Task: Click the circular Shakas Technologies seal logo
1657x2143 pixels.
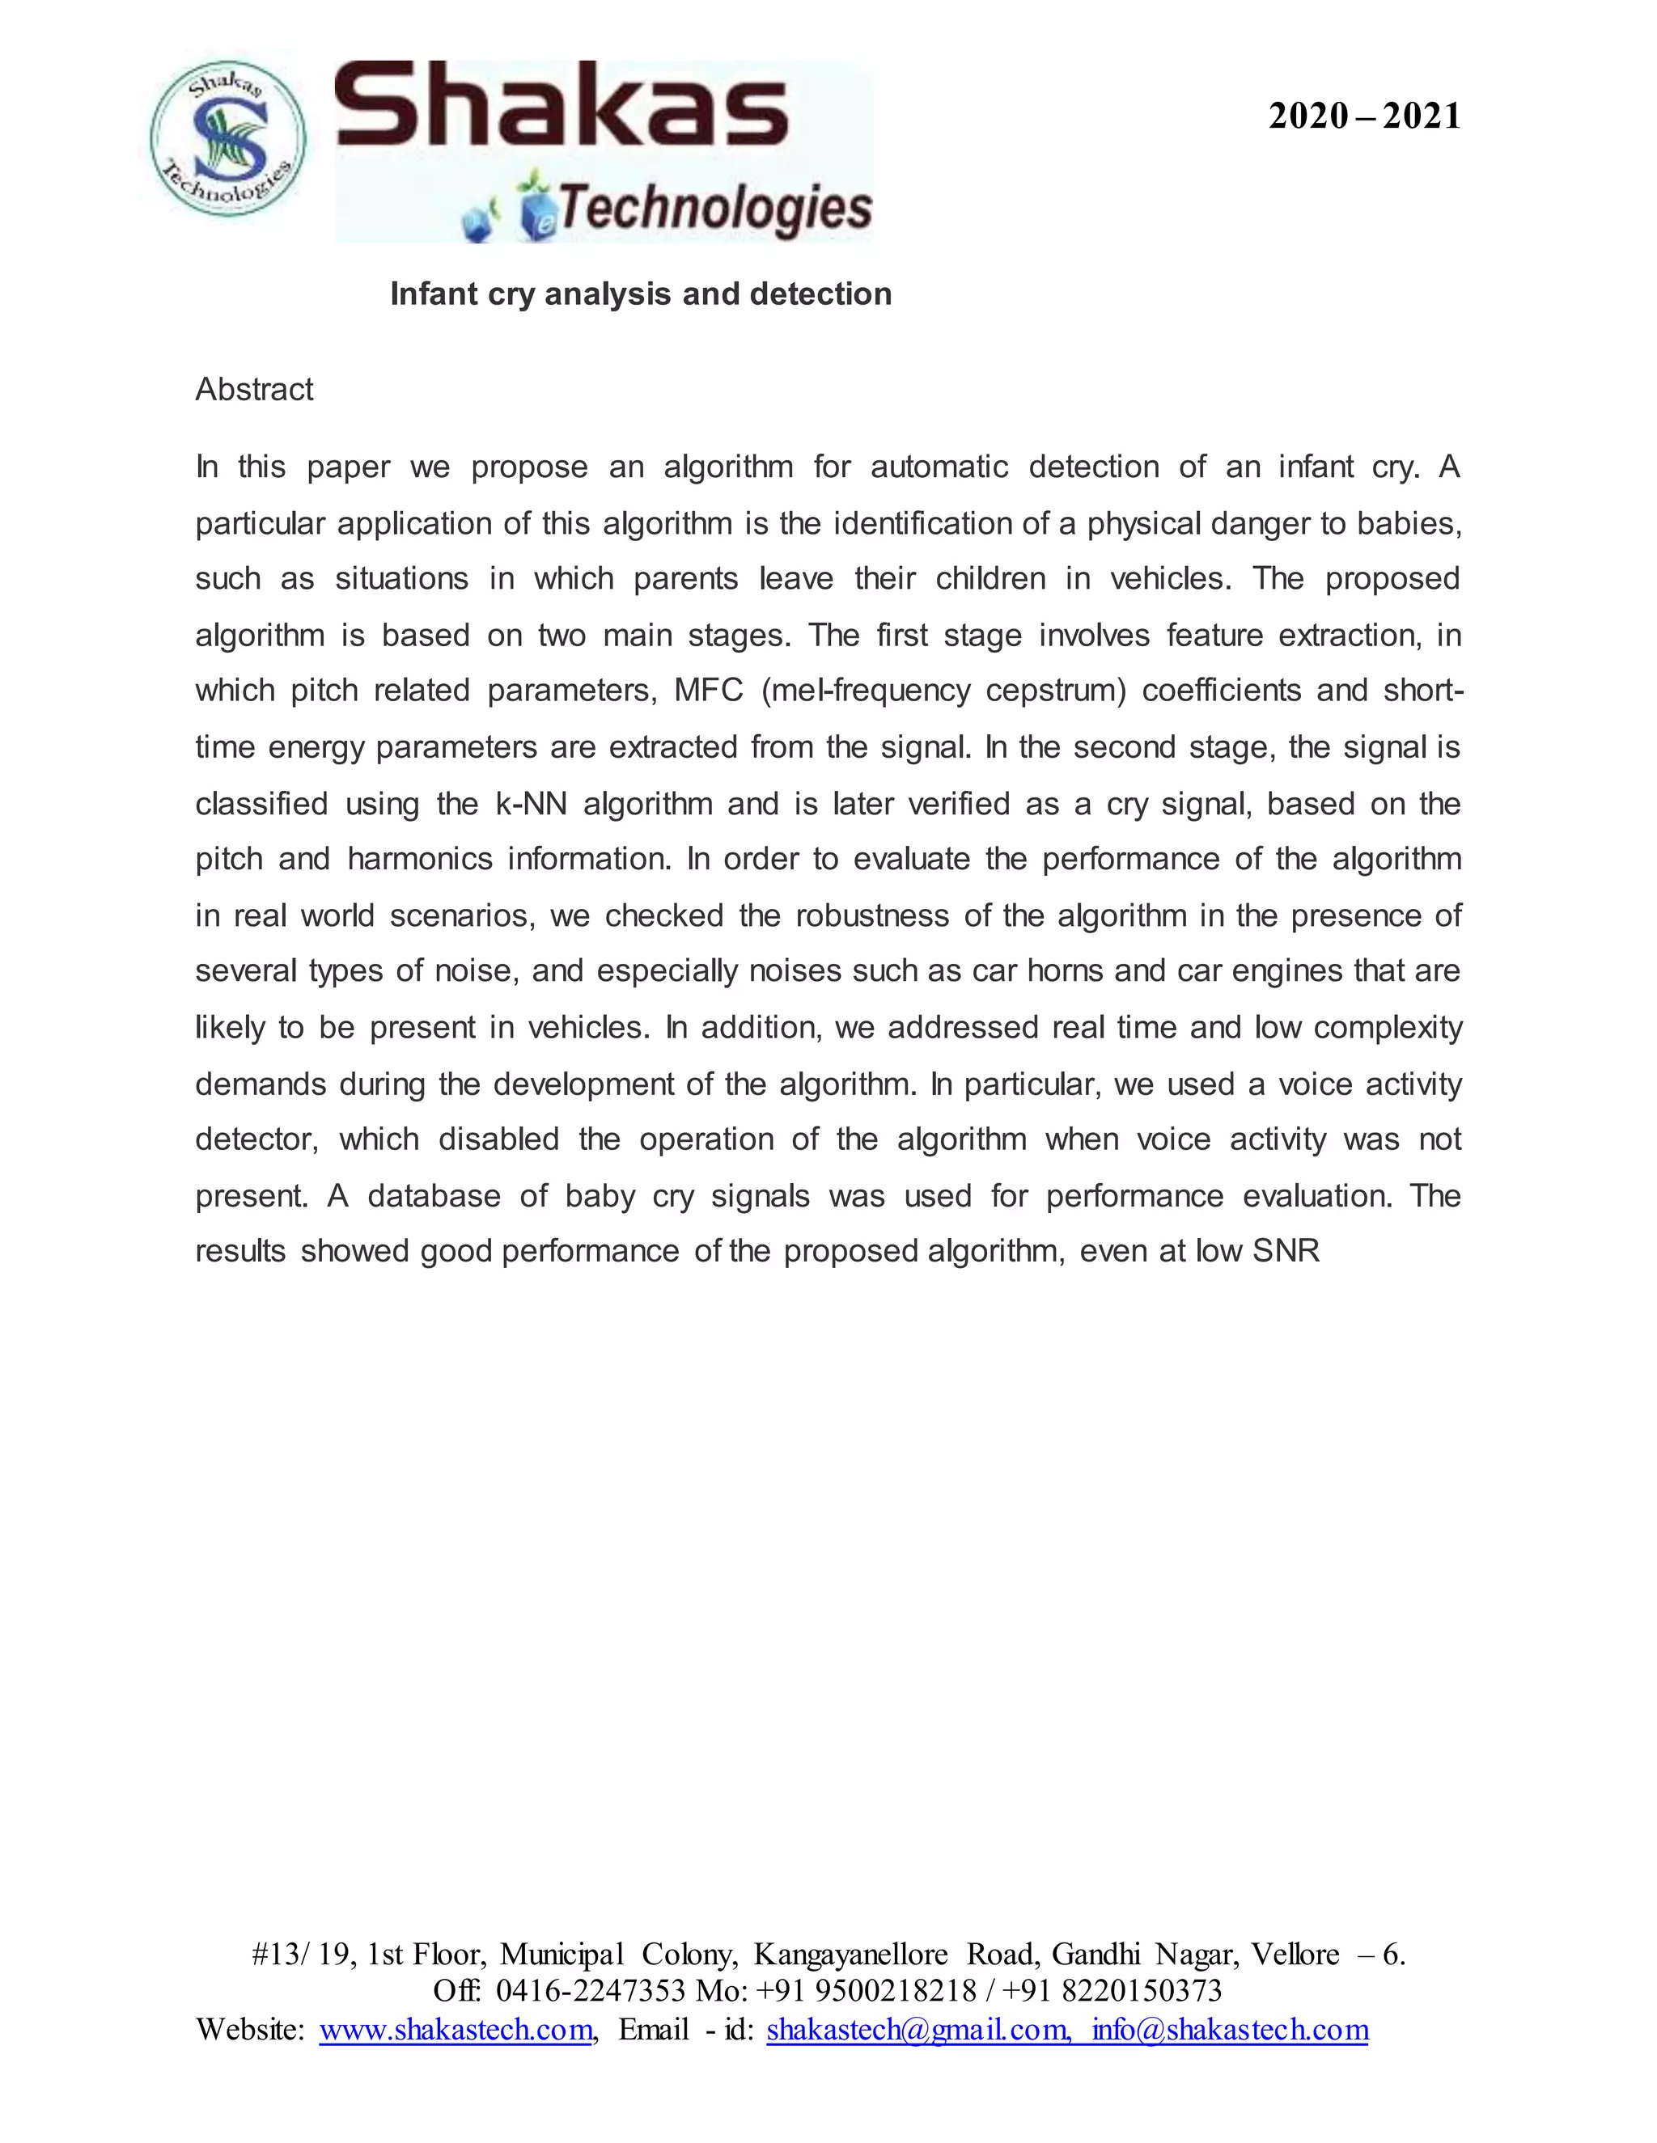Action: coord(227,139)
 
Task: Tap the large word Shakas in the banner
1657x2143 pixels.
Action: coord(562,106)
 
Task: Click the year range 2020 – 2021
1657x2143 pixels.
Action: coord(1363,116)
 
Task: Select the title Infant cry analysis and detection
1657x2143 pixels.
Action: coord(640,294)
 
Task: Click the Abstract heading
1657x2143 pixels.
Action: coord(253,390)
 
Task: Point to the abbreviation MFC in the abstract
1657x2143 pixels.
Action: coord(708,691)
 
